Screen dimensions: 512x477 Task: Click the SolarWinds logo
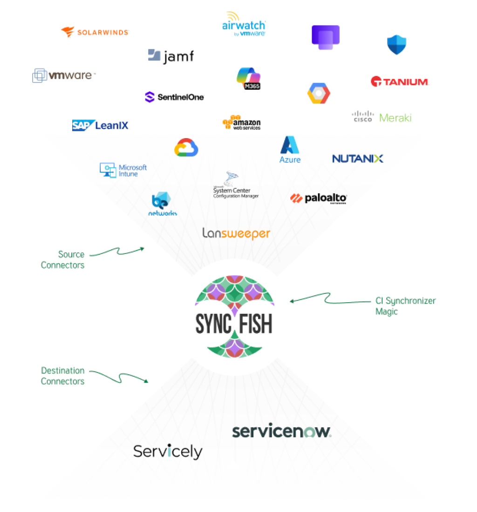[95, 32]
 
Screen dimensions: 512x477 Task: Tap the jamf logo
[170, 56]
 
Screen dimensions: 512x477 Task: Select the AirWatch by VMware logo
[244, 25]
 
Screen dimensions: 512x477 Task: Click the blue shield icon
[396, 45]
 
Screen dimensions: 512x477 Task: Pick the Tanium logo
[399, 82]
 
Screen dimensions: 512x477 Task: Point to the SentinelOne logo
[174, 97]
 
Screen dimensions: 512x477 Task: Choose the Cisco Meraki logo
[382, 117]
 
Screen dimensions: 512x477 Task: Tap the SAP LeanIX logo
[100, 125]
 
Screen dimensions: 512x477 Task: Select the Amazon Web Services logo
[241, 122]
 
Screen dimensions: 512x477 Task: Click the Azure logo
[290, 150]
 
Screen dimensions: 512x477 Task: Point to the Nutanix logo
[357, 159]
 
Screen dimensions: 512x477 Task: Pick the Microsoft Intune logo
[123, 170]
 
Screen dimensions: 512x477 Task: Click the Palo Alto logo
[319, 199]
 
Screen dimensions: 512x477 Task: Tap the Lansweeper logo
[236, 233]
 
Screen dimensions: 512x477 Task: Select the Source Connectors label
[63, 259]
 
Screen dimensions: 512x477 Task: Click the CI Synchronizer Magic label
[405, 306]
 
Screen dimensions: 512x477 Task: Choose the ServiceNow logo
[281, 431]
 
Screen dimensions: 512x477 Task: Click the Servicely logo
[168, 451]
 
